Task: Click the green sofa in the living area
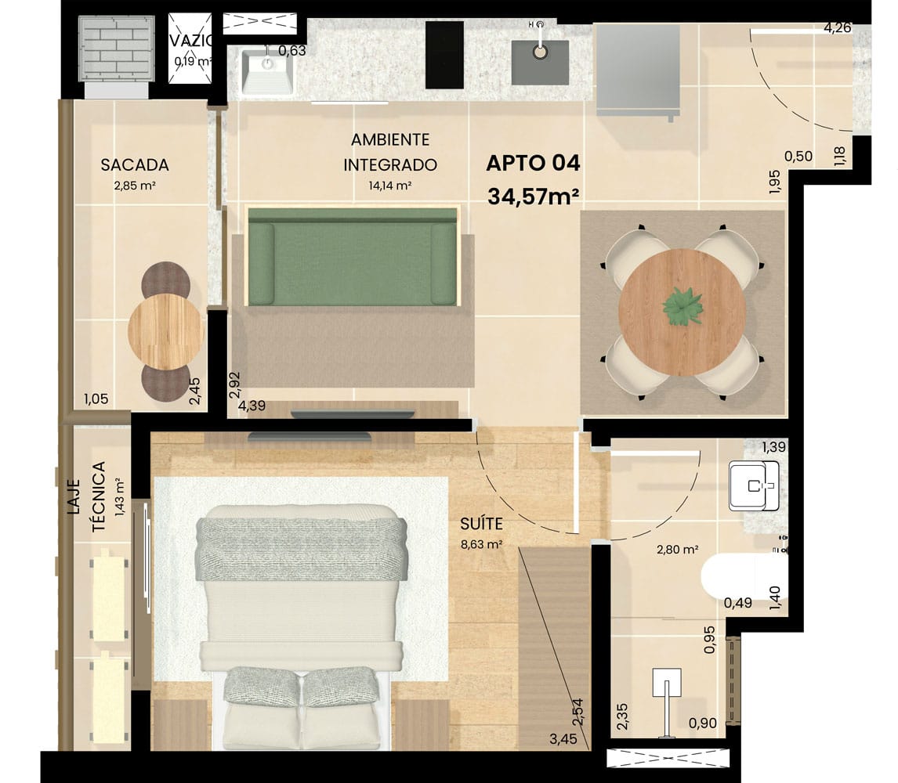[353, 256]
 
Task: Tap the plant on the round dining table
[682, 307]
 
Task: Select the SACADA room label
[135, 165]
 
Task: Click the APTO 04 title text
[533, 163]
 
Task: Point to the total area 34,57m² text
[533, 197]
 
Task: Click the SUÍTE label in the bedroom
[482, 524]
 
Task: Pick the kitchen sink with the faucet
[540, 62]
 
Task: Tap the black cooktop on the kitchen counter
[444, 55]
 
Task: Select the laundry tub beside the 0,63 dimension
[267, 70]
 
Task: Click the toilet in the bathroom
[744, 576]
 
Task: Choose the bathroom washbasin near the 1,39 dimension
[754, 486]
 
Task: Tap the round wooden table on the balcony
[166, 332]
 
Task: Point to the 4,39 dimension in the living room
[252, 406]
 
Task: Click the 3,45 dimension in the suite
[563, 739]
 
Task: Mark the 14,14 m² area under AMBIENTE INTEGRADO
[390, 186]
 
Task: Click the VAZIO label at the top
[190, 41]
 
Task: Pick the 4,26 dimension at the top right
[838, 27]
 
